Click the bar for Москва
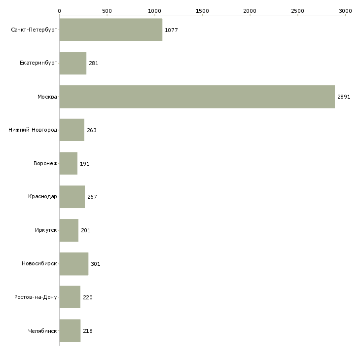(197, 97)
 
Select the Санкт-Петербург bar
(111, 30)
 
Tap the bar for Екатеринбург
(73, 63)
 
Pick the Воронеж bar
(69, 163)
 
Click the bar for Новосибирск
(74, 264)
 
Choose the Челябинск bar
(70, 330)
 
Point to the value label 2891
(344, 97)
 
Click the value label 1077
(171, 30)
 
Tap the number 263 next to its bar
(92, 130)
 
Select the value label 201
(86, 230)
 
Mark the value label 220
(88, 297)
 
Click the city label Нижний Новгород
(33, 130)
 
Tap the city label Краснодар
(42, 197)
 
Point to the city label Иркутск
(46, 230)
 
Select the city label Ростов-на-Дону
(36, 297)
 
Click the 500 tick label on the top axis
(107, 11)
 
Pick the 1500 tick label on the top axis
(202, 11)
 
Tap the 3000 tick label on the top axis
(345, 11)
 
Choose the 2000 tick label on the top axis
(250, 11)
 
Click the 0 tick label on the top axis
(60, 11)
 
